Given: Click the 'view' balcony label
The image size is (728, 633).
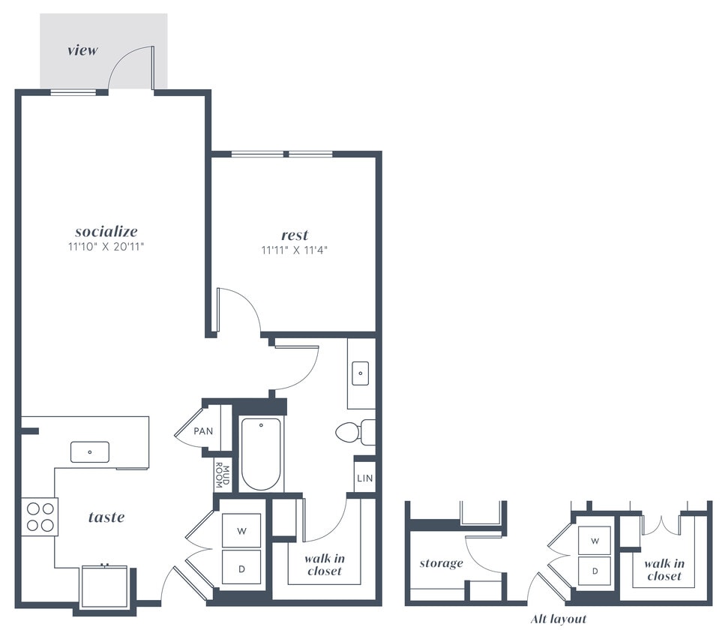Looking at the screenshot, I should [82, 51].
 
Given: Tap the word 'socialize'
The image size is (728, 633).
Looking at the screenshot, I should [106, 231].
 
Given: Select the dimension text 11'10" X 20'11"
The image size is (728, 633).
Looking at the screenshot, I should [106, 246].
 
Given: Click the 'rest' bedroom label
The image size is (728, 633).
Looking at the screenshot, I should [295, 235].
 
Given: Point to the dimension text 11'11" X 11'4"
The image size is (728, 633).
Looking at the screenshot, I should [295, 250].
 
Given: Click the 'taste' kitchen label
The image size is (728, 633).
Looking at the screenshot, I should [106, 517].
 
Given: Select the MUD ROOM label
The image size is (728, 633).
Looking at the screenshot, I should [223, 475].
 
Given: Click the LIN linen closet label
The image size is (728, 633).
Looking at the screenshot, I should [364, 478].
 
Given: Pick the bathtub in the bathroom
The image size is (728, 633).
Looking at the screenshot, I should [261, 454].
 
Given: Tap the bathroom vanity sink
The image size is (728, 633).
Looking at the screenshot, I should [360, 371].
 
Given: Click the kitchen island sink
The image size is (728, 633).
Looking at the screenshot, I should [90, 451].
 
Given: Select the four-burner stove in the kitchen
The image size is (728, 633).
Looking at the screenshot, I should [39, 517].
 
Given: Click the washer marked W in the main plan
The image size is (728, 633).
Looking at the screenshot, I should [241, 531].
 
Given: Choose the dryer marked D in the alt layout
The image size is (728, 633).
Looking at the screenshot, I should [595, 571].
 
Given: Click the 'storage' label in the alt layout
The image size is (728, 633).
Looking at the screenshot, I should [441, 563].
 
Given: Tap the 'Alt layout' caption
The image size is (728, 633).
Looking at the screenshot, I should [558, 619].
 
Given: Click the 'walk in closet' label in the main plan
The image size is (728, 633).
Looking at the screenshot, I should [324, 565].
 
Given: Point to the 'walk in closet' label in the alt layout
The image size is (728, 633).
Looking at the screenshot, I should [664, 569].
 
